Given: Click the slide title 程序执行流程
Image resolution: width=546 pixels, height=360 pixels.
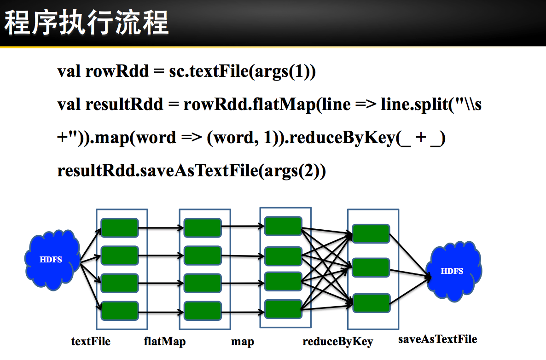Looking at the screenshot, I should pos(87,23).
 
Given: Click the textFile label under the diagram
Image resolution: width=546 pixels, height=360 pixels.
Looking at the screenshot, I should pos(91,342).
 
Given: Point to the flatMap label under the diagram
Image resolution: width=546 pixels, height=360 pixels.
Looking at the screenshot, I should pos(164,342).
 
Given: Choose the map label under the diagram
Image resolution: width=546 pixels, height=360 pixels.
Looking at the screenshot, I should pos(242,342).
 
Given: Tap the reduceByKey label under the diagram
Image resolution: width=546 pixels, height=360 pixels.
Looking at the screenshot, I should pos(337,342).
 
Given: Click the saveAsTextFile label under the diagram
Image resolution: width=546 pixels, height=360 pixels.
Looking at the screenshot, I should pos(437,339).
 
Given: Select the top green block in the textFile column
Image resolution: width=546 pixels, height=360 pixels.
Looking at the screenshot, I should pos(120,228).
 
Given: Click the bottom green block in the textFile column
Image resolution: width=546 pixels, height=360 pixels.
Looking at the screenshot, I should pos(120,311).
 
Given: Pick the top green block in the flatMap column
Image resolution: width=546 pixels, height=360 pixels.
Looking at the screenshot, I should pos(203,228).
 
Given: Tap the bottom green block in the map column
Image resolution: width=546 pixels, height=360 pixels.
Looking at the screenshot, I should pos(283,309).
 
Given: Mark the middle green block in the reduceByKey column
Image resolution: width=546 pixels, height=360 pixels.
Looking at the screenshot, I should pos(371,267).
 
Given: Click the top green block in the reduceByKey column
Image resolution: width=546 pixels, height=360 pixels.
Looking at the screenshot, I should pos(371,233).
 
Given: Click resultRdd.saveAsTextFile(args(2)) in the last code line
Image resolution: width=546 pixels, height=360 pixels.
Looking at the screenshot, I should pos(192,171).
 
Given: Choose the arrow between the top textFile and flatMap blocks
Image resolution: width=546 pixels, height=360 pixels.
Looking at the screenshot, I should pos(161,227).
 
